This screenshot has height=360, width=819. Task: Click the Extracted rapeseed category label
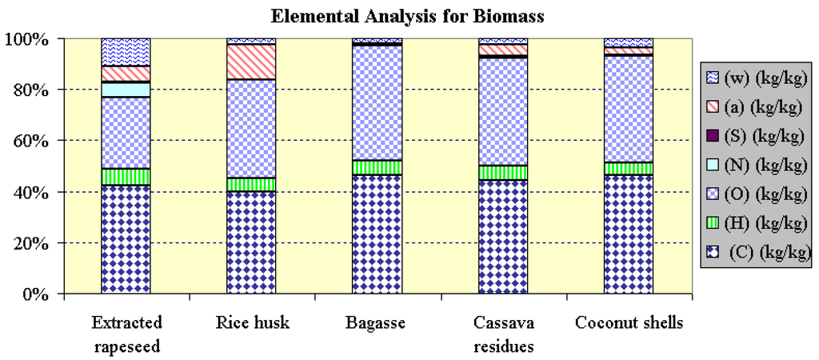pyautogui.click(x=126, y=334)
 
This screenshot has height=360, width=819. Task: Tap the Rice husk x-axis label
pyautogui.click(x=251, y=323)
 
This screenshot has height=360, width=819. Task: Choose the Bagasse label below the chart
pyautogui.click(x=376, y=323)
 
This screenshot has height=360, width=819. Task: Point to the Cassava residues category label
pyautogui.click(x=502, y=334)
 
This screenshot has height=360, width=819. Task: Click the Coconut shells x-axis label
pyautogui.click(x=629, y=323)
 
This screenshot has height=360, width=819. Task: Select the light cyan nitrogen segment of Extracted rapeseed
pyautogui.click(x=126, y=90)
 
